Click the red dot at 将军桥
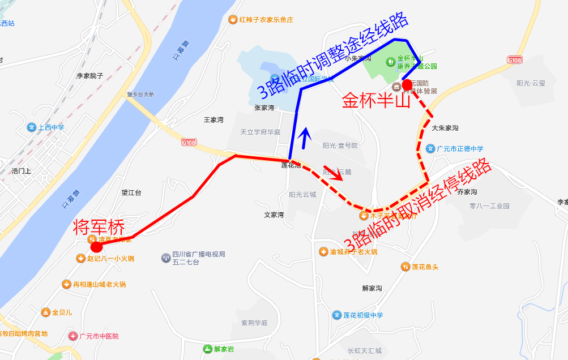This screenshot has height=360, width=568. pyautogui.click(x=97, y=247)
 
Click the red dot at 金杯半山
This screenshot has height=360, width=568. pyautogui.click(x=406, y=83)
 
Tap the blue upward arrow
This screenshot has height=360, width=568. pyautogui.click(x=305, y=138)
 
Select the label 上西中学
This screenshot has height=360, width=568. pyautogui.click(x=51, y=127)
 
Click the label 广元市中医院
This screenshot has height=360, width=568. pyautogui.click(x=99, y=336)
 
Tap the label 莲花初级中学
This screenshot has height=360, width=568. pyautogui.click(x=362, y=315)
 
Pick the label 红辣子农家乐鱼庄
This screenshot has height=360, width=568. pyautogui.click(x=266, y=20)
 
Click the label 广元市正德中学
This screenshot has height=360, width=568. pyautogui.click(x=459, y=149)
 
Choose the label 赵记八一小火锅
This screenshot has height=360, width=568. pyautogui.click(x=110, y=259)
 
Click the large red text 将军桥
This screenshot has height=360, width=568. pyautogui.click(x=99, y=227)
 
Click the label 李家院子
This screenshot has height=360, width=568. pyautogui.click(x=89, y=76)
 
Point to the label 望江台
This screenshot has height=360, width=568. pyautogui.click(x=131, y=192)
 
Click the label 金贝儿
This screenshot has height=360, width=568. pyautogui.click(x=62, y=312)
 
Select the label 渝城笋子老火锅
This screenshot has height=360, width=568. pyautogui.click(x=353, y=252)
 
